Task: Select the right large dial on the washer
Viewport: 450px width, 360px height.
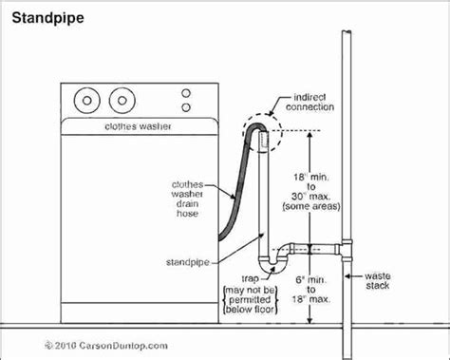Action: (x=121, y=98)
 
